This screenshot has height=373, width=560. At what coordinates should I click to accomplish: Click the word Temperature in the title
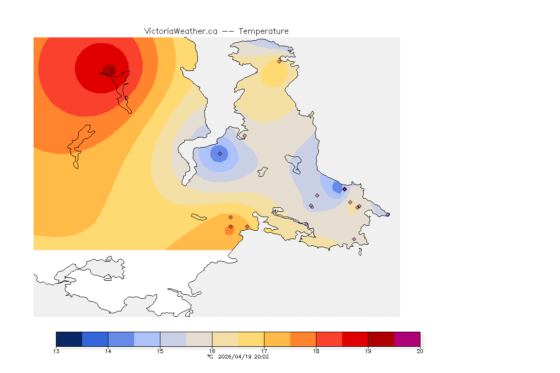point(263,31)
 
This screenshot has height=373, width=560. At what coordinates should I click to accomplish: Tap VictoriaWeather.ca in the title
point(180,31)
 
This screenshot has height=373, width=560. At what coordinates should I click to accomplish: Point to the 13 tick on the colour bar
point(56,351)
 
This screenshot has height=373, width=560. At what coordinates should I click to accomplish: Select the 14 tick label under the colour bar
point(108,351)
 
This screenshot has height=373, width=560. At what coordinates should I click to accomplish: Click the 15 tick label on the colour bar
point(160,351)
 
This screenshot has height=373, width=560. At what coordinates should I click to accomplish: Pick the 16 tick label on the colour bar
point(212,351)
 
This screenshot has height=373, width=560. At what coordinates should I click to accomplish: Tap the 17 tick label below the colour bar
point(264,351)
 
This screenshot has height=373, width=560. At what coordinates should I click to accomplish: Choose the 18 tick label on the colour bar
point(316,351)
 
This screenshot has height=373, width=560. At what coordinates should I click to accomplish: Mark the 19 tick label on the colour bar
point(368,351)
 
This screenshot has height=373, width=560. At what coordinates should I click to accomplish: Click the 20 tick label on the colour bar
point(420,351)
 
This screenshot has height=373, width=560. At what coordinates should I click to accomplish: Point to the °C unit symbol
point(210,356)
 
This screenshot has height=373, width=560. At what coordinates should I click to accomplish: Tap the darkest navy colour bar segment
point(69,339)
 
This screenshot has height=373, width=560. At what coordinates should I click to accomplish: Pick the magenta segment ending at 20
point(407,339)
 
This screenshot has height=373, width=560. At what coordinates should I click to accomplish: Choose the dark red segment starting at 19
point(381,339)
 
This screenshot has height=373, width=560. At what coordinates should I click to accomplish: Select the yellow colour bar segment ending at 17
point(251,339)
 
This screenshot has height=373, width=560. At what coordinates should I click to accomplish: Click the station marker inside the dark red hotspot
point(112,71)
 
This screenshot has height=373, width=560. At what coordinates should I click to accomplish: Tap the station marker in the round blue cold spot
point(220,153)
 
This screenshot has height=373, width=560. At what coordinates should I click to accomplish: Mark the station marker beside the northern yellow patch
point(279,61)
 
